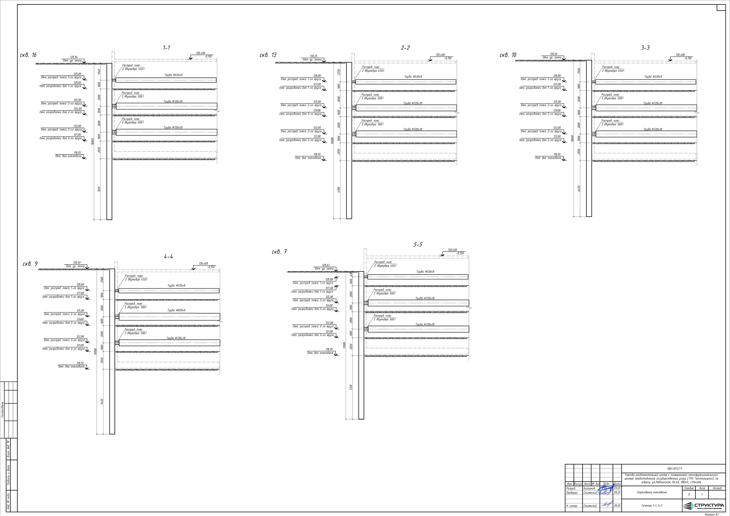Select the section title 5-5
click(418, 245)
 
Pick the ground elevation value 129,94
click(74, 57)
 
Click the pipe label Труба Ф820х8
click(176, 310)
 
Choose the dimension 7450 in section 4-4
click(102, 402)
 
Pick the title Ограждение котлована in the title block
click(652, 492)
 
